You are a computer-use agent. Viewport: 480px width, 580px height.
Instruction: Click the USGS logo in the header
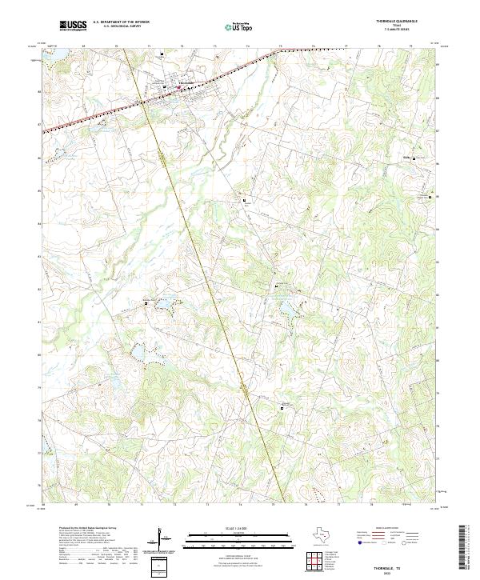[x=73, y=26]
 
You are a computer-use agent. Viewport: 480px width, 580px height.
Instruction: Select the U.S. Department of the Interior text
[x=121, y=22]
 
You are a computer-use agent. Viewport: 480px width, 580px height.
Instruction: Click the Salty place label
[x=406, y=158]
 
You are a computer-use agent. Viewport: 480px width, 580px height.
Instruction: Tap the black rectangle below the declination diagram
[x=159, y=566]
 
